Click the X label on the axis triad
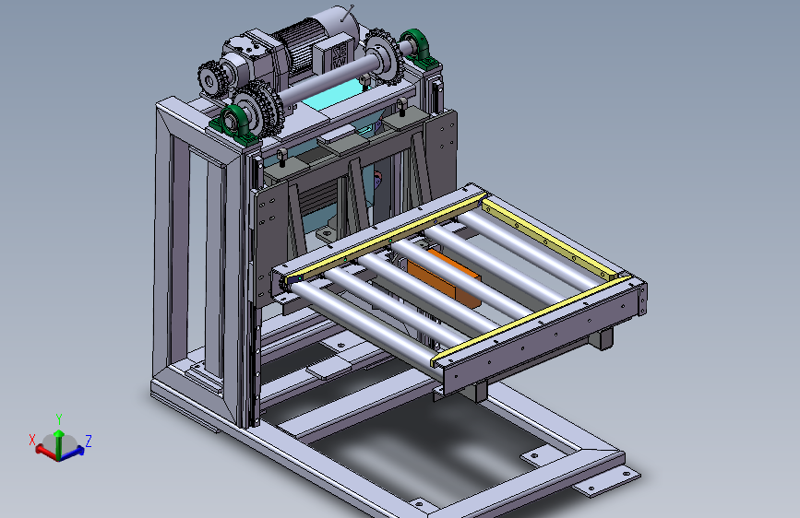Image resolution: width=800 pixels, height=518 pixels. coord(32,440)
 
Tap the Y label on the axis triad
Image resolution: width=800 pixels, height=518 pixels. coord(59,419)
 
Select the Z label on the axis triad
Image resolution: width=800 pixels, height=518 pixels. coord(89,441)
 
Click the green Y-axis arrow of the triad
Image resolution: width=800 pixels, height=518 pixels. coord(59,443)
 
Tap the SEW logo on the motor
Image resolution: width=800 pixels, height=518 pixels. coord(340,55)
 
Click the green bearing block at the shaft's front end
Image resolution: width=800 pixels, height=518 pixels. coord(235,123)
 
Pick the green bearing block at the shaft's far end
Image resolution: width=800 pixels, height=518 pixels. coord(418,49)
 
